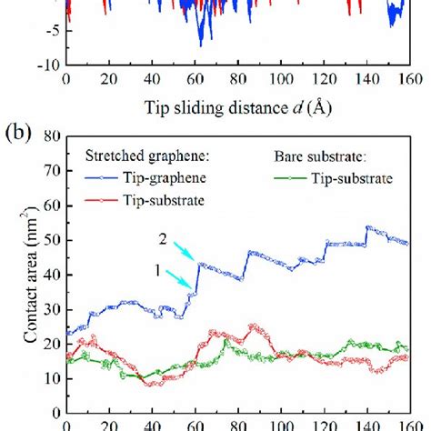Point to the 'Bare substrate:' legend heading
331,158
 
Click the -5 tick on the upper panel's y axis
50,31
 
